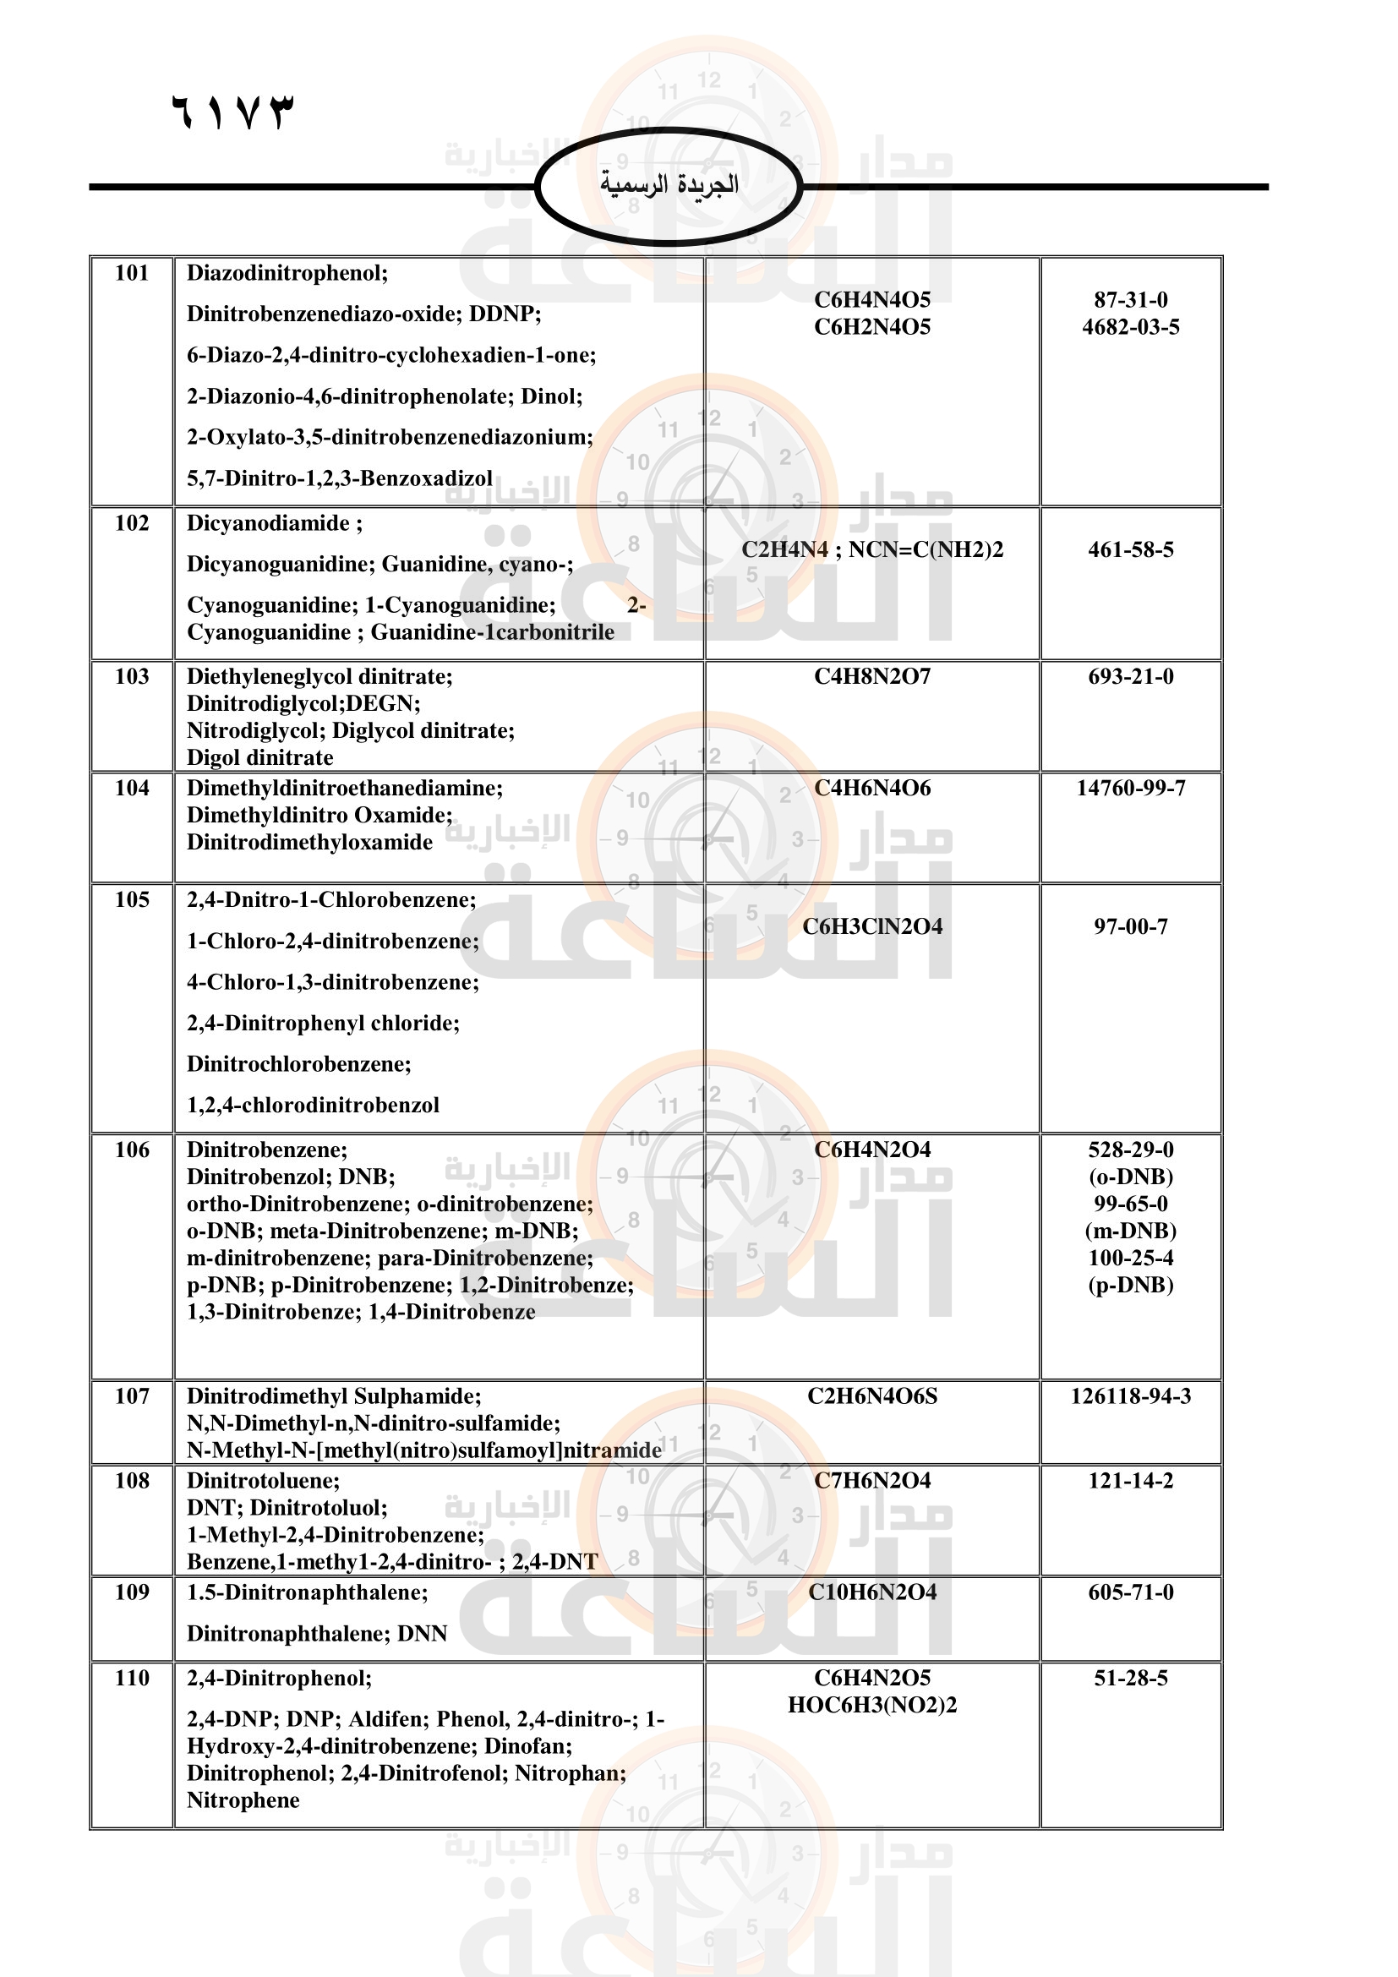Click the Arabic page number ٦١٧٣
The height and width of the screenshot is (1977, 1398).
point(232,112)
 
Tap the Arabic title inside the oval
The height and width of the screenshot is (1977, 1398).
point(669,183)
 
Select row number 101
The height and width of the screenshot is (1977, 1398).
point(132,273)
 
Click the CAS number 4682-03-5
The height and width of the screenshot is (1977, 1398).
point(1130,327)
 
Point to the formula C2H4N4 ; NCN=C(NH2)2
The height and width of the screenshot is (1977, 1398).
point(872,549)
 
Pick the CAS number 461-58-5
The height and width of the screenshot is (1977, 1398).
point(1130,549)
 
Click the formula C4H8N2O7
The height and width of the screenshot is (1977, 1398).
point(872,676)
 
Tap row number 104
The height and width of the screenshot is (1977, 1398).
point(132,788)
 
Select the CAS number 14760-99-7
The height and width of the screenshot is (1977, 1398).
point(1130,788)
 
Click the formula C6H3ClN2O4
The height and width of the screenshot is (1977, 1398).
point(872,926)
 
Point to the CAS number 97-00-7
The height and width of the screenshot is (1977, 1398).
point(1130,926)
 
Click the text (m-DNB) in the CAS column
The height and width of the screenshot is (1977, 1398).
point(1130,1231)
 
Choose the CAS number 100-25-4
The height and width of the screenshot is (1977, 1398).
point(1130,1258)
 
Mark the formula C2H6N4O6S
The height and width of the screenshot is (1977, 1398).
point(872,1395)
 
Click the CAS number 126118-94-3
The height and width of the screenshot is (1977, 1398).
point(1130,1395)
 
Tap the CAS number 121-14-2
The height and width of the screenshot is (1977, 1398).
point(1130,1480)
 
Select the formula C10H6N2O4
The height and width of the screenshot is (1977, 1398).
point(872,1592)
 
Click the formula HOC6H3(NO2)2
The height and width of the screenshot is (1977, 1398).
point(872,1705)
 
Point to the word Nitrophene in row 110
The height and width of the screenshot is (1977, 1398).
point(243,1800)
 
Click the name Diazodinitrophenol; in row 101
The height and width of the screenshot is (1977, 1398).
point(287,273)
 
